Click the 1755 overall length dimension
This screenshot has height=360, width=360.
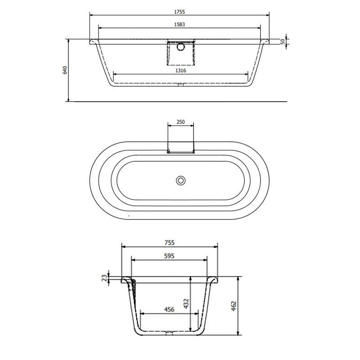point(179,11)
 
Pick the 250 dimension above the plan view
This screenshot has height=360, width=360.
point(180,121)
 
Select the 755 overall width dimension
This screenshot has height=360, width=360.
point(170,243)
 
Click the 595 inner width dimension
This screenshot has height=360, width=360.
point(169,255)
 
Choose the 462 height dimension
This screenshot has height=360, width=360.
point(234,306)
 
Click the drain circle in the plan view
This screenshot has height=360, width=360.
point(180,180)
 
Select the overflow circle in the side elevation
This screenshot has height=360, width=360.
point(180,46)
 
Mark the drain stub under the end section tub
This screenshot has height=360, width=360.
point(169,334)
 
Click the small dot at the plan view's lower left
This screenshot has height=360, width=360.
point(129,216)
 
